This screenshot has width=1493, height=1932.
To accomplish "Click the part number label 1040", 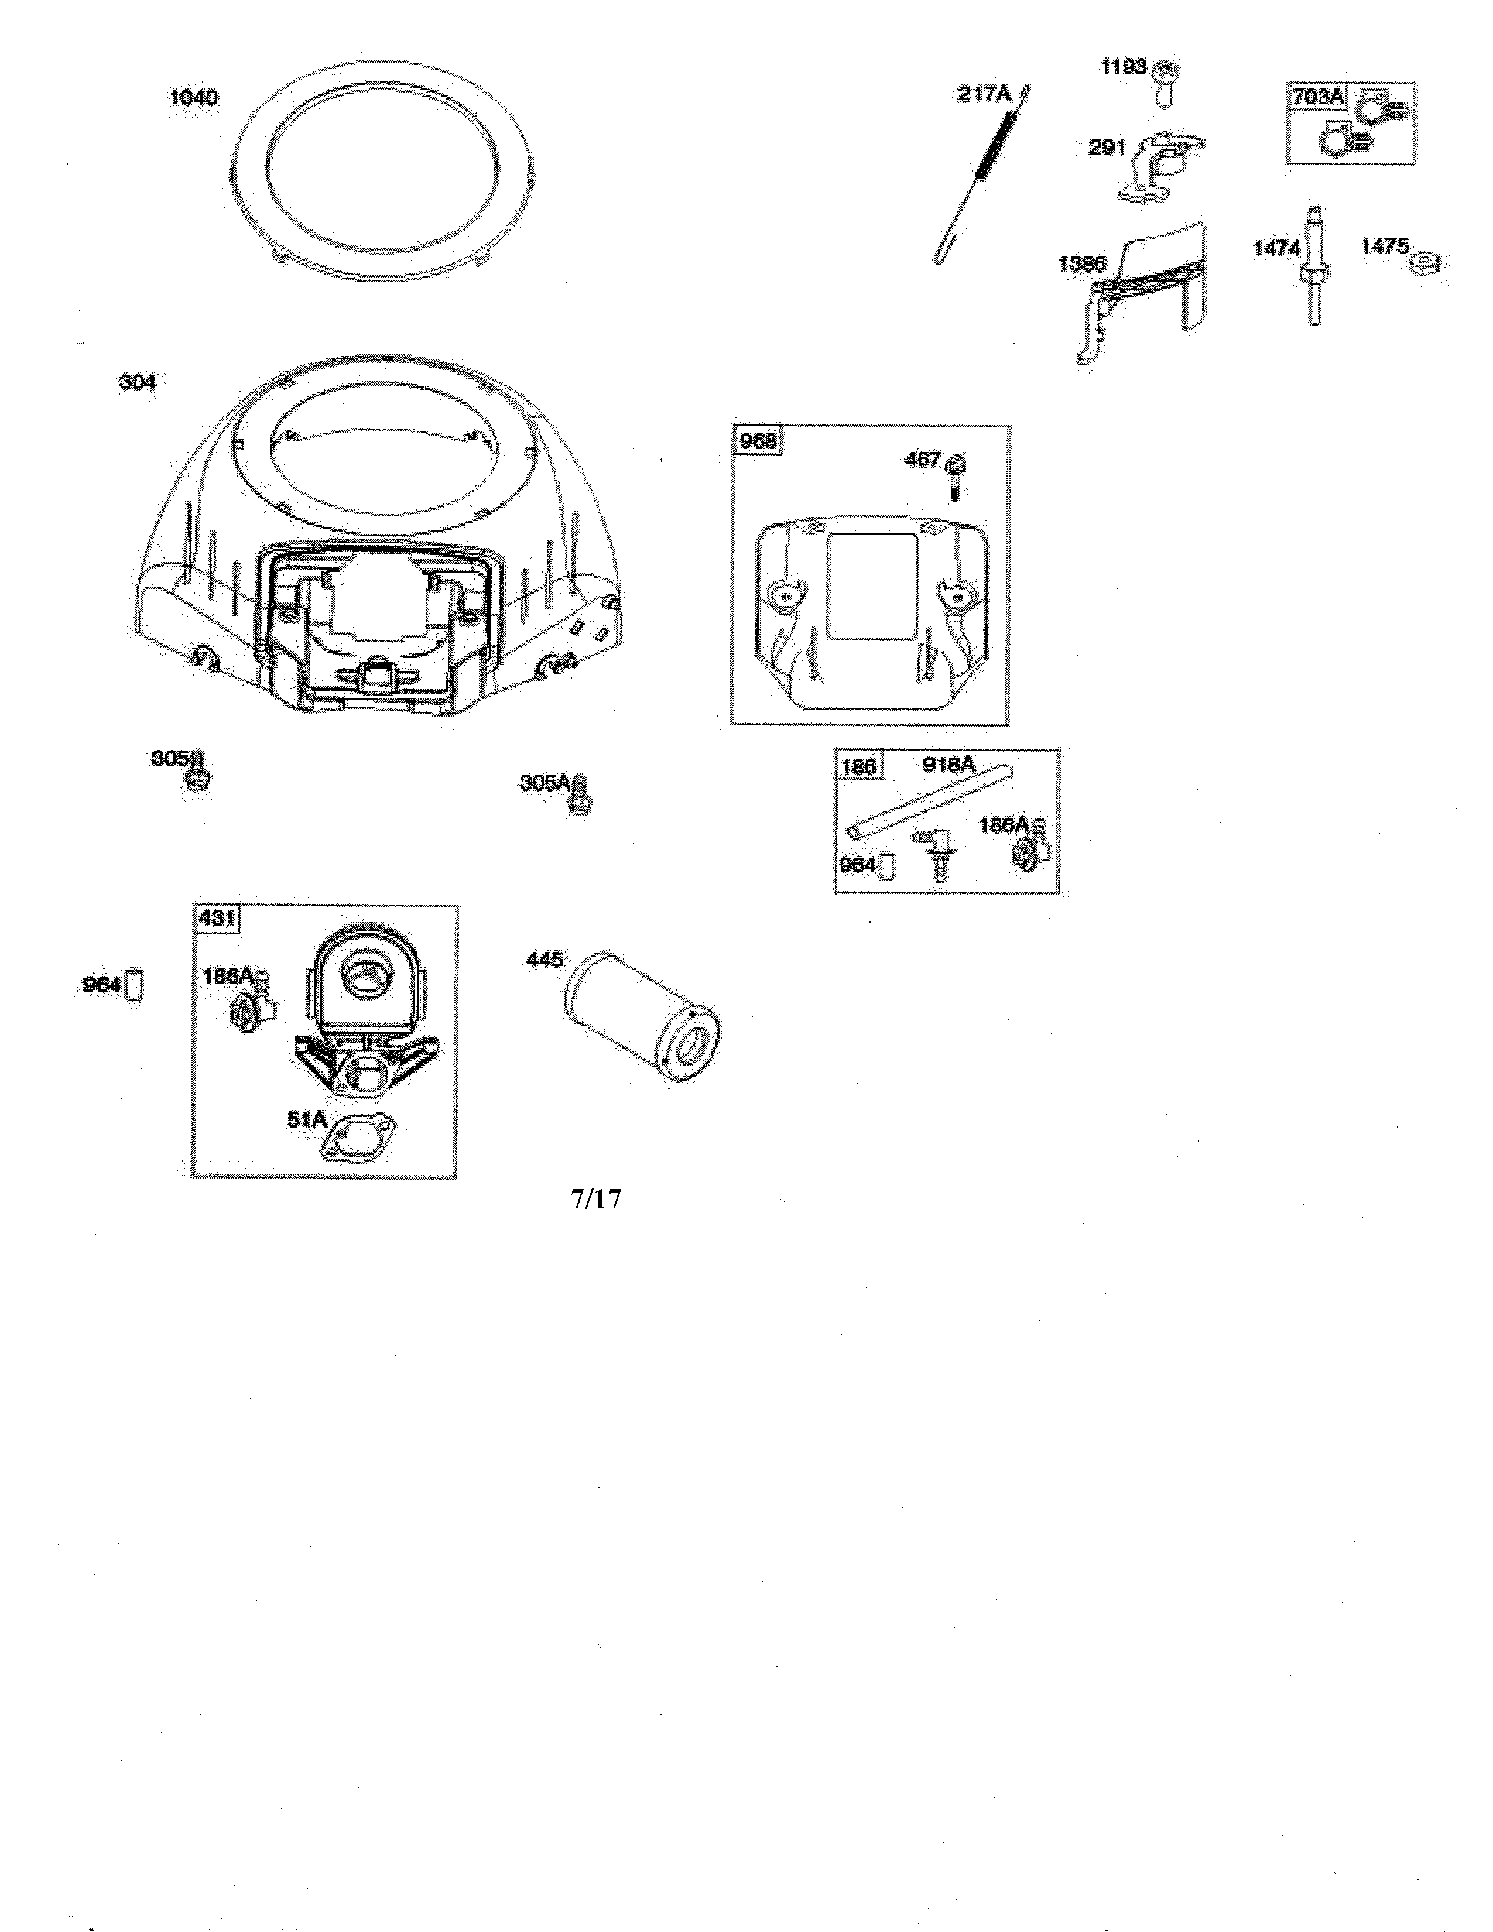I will pos(194,97).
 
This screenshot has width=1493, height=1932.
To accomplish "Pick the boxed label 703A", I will pos(1316,97).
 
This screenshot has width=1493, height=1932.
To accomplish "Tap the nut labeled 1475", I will pos(1424,263).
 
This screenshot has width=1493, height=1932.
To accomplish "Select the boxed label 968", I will pos(758,441).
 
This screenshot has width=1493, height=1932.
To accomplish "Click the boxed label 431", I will pos(217,917).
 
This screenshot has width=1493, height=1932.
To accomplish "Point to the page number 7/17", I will pos(595,1200).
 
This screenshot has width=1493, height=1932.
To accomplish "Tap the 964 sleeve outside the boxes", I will pos(135,985).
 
